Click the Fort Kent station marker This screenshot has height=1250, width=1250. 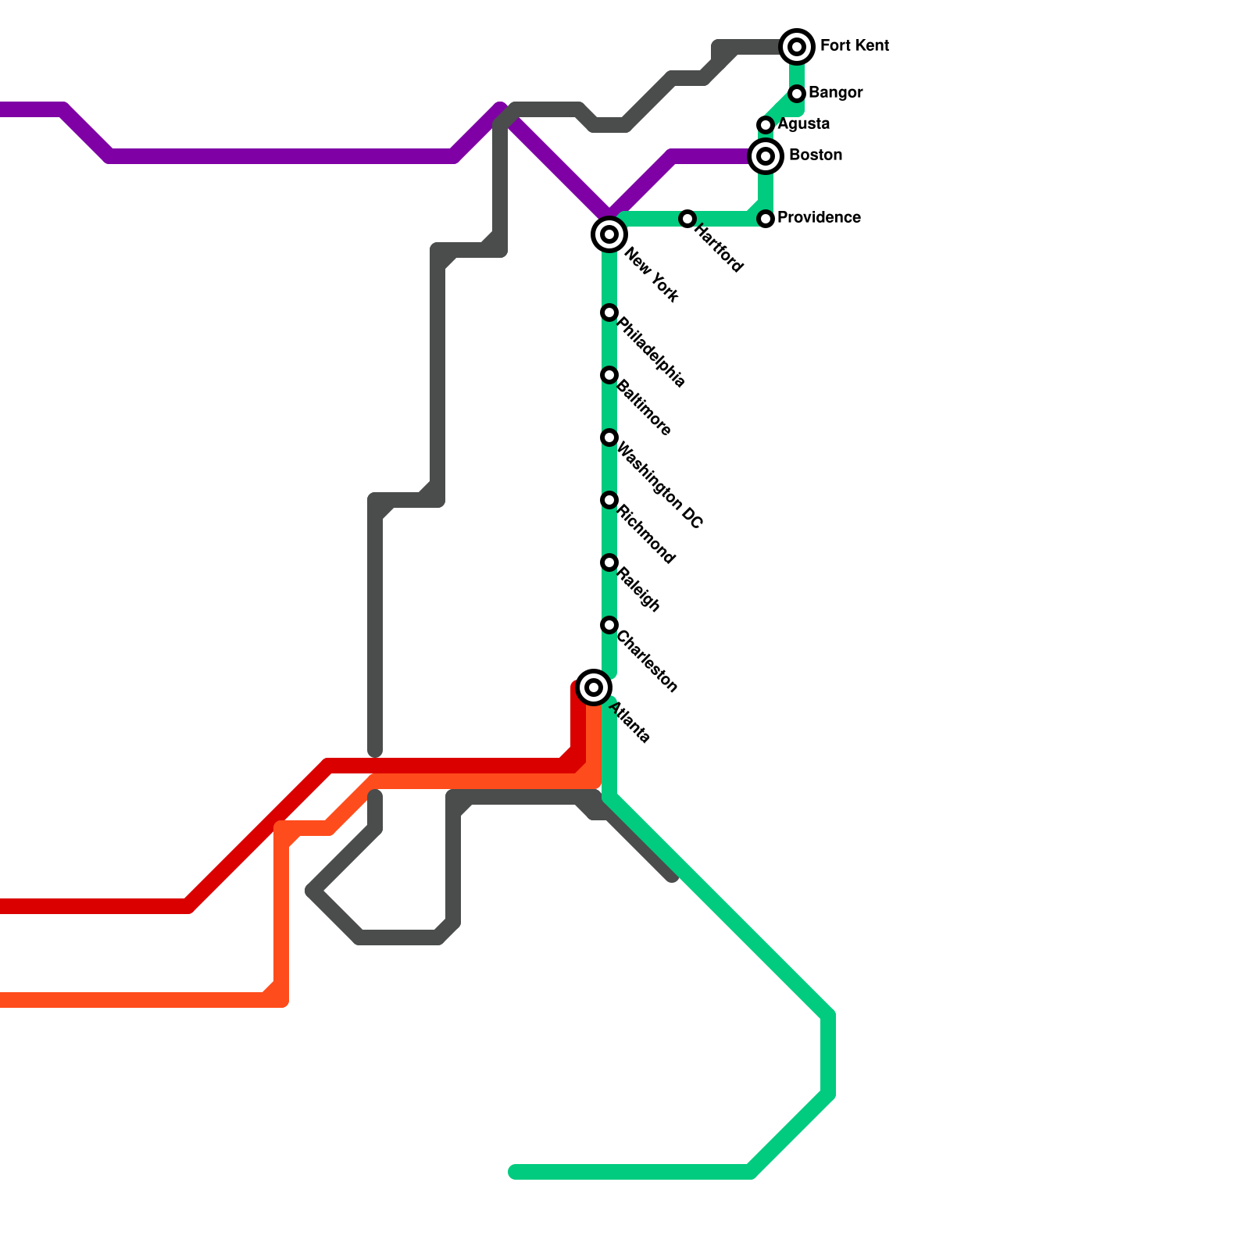coord(797,47)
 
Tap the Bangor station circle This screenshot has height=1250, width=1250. coord(797,94)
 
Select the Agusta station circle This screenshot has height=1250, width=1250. coord(766,125)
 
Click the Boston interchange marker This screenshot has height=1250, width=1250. coord(766,156)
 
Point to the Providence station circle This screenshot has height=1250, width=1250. coord(766,219)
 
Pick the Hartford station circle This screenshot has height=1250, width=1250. coord(687,219)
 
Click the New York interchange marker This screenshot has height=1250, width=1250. coord(609,234)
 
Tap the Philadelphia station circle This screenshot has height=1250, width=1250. coord(609,312)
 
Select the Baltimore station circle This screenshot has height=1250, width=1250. coord(609,375)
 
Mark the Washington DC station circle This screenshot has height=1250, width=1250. coord(609,437)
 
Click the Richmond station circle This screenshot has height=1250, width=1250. coord(609,500)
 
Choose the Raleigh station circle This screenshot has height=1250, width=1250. coord(609,562)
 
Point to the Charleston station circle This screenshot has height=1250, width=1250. coord(609,625)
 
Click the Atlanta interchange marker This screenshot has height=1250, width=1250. coord(594,687)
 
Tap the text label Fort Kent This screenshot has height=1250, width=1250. coord(854,46)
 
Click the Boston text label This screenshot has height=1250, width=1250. coord(815,155)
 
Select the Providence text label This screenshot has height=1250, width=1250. coord(819,218)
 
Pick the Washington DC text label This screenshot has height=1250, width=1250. coord(660,485)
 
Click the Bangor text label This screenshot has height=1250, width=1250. coord(835,93)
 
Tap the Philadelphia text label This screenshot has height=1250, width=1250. coord(652,352)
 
